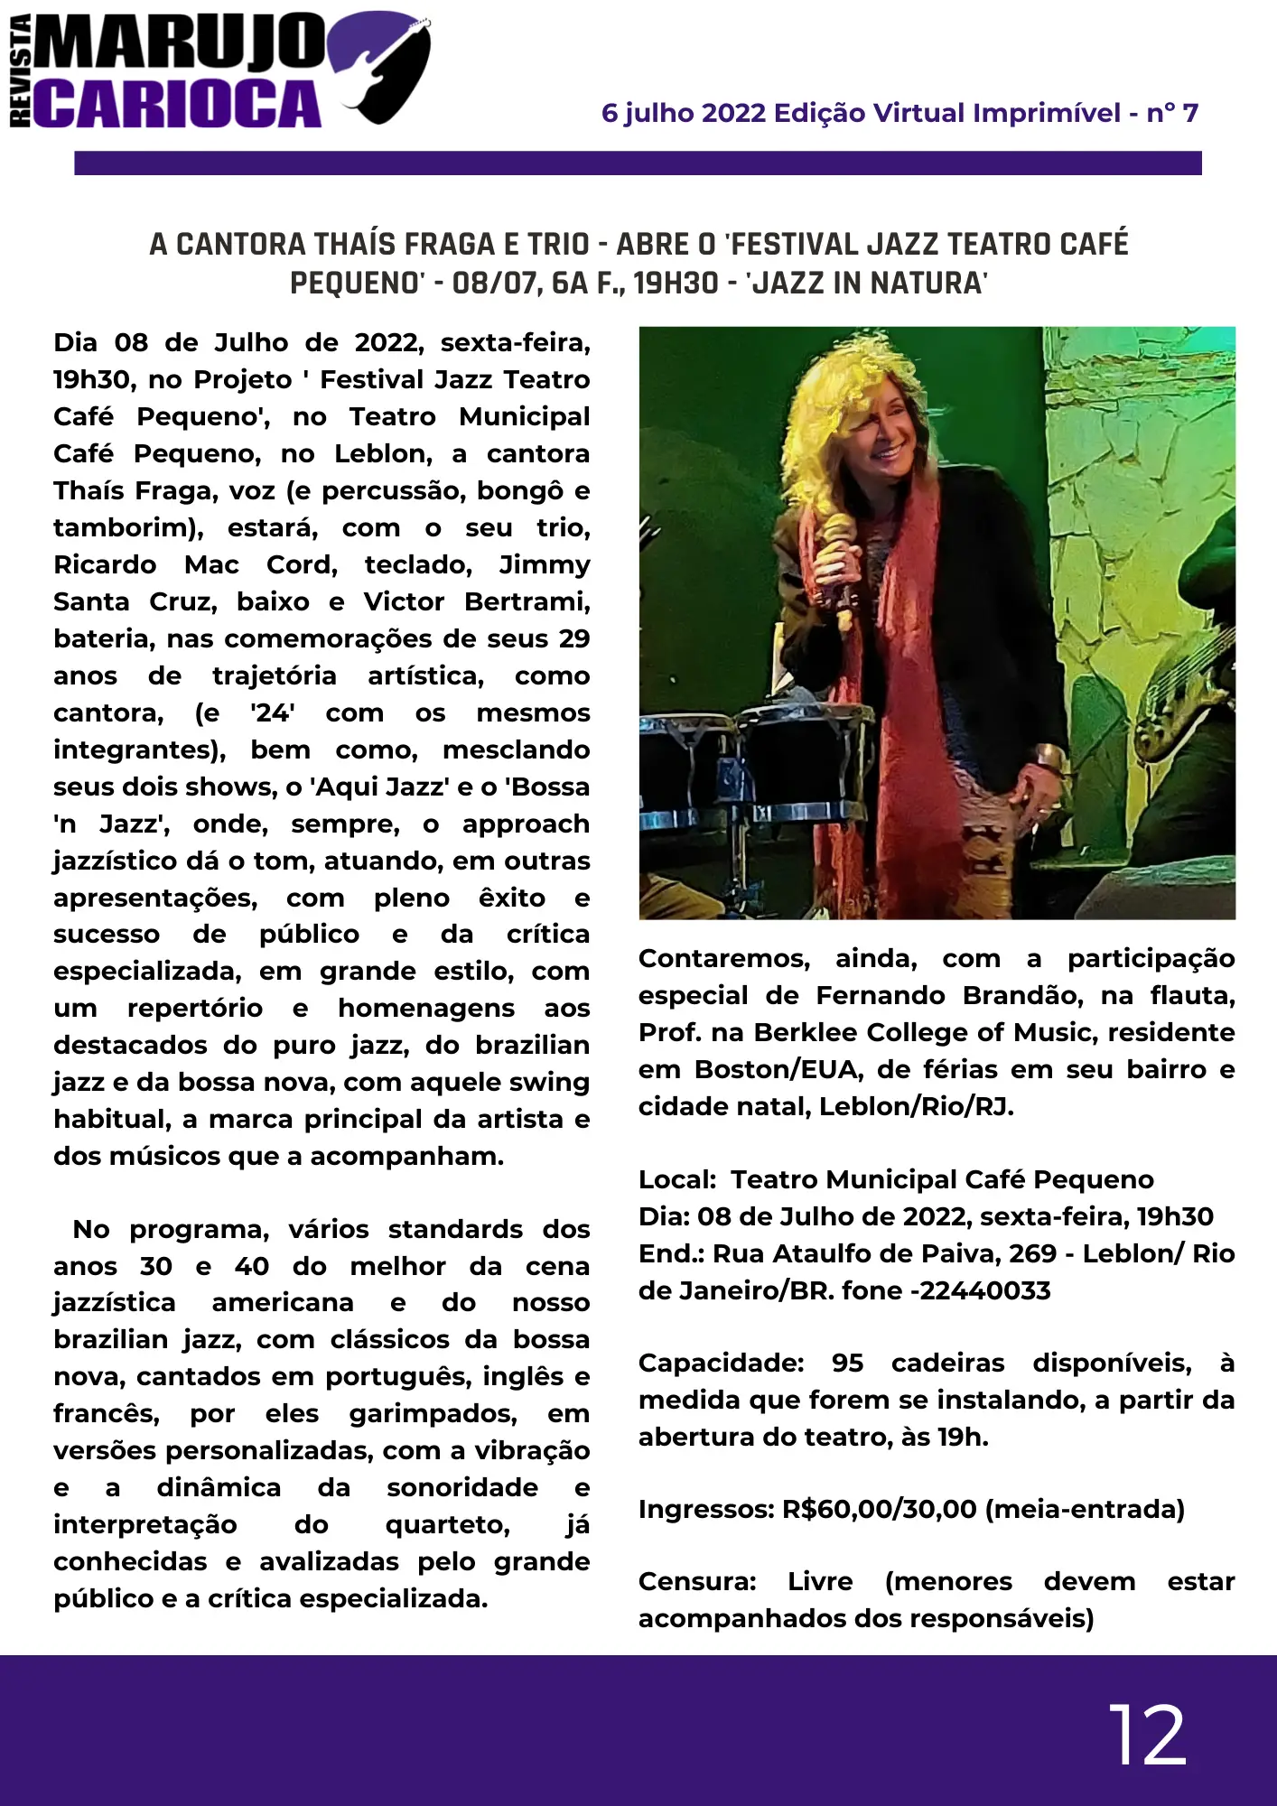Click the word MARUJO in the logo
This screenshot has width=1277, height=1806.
point(181,43)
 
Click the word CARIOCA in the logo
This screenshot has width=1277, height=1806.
point(181,104)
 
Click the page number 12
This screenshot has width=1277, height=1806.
point(1147,1735)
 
